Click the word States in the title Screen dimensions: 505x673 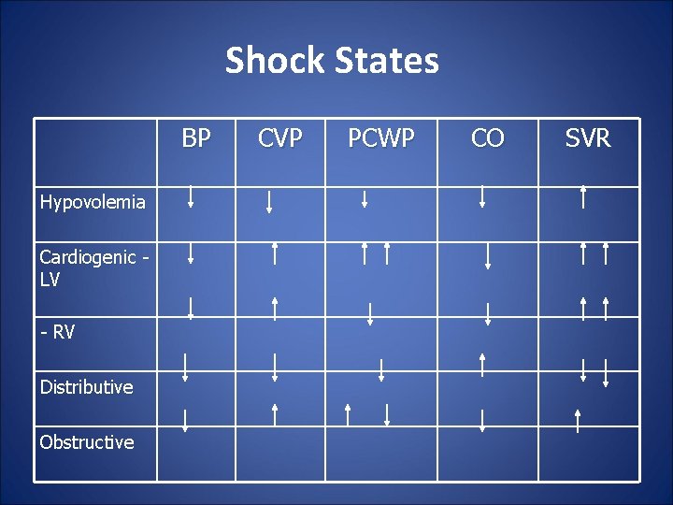click(387, 61)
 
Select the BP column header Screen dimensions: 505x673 click(196, 139)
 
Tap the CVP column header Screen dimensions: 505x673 click(279, 139)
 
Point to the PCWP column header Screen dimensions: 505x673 click(381, 139)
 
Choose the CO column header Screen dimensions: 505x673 click(488, 139)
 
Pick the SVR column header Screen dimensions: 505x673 click(588, 139)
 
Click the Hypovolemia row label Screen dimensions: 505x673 click(93, 202)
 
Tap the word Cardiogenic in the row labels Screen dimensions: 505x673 click(88, 257)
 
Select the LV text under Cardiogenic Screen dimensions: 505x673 click(50, 280)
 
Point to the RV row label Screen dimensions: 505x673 click(58, 332)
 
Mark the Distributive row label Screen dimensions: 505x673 click(86, 387)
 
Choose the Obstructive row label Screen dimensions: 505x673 click(86, 442)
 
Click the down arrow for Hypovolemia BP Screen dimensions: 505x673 click(191, 196)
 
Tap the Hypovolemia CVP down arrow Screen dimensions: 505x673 click(269, 202)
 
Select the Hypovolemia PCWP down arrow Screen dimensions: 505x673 click(365, 198)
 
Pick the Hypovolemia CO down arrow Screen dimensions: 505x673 click(482, 196)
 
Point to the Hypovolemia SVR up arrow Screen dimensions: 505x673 click(583, 196)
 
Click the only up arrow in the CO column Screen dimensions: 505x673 click(482, 364)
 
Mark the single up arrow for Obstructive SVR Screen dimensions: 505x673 click(578, 421)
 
